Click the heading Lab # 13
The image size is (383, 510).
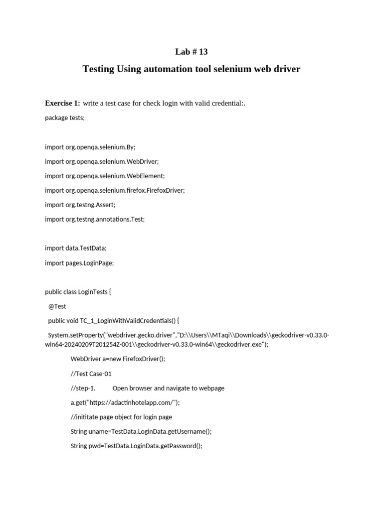pyautogui.click(x=191, y=52)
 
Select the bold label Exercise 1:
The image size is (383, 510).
pyautogui.click(x=62, y=103)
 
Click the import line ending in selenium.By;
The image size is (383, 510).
pyautogui.click(x=90, y=147)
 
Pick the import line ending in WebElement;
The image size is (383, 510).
pyautogui.click(x=105, y=176)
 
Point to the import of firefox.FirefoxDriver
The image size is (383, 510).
pyautogui.click(x=115, y=190)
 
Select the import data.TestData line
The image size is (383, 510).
pyautogui.click(x=76, y=248)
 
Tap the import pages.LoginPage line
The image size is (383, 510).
pyautogui.click(x=79, y=262)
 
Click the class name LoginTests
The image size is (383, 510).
pyautogui.click(x=93, y=292)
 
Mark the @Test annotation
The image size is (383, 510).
pyautogui.click(x=57, y=306)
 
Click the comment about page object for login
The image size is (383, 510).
pyautogui.click(x=121, y=417)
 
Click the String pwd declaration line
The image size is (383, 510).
pyautogui.click(x=137, y=446)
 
